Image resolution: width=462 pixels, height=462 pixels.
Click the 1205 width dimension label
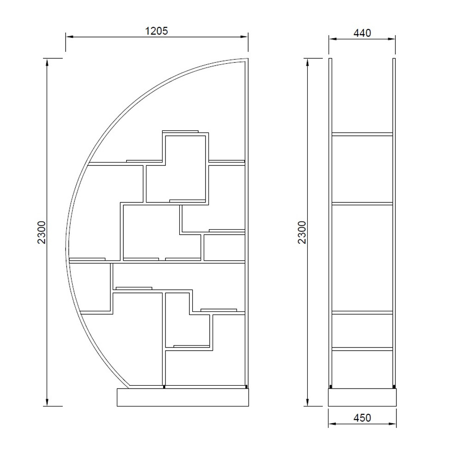(157, 30)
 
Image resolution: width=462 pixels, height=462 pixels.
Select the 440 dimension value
(362, 33)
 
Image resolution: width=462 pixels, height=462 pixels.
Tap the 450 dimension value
(362, 418)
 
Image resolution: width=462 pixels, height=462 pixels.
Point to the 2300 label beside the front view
(42, 232)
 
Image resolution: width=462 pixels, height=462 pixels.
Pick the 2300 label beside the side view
(302, 232)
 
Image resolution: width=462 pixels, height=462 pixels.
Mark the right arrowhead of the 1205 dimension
(244, 37)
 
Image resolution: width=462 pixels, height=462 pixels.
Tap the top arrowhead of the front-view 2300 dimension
(47, 62)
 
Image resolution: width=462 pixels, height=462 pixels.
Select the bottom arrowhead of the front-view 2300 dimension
(47, 402)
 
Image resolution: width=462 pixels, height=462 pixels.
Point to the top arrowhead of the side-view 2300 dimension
(308, 62)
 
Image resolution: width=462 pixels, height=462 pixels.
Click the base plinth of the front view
(183, 397)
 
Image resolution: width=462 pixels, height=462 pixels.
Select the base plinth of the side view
(362, 397)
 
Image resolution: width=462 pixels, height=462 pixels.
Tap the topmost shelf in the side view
(362, 134)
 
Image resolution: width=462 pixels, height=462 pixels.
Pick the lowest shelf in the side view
(362, 349)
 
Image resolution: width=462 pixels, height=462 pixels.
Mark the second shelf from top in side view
(362, 203)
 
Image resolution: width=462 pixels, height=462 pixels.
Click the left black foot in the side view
(331, 386)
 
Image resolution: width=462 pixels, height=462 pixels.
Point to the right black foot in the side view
(394, 386)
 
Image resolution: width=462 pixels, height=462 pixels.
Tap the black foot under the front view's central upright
(164, 387)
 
